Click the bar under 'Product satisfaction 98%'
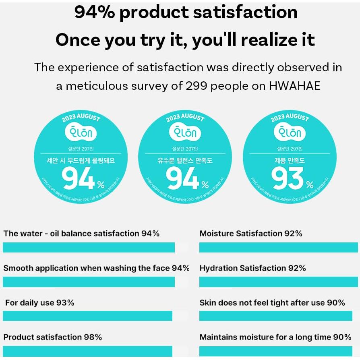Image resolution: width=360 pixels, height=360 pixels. coord(87,351)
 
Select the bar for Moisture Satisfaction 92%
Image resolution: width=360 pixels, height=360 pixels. coord(278,247)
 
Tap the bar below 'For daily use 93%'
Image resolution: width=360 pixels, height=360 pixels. coord(87,316)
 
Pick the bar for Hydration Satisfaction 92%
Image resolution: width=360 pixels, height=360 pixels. coord(278,282)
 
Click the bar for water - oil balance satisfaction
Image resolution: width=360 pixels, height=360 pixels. coord(89,247)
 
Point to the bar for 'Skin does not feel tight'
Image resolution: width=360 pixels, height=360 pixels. coord(275,316)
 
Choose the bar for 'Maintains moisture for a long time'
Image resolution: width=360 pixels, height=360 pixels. coord(275,351)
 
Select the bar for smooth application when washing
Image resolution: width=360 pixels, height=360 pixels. coord(89,282)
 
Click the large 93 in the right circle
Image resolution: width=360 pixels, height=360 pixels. coord(287,178)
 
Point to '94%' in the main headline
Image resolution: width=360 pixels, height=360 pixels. coord(95,12)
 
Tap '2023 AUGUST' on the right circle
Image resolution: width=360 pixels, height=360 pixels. coord(290,118)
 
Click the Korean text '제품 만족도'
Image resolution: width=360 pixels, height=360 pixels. coord(290,161)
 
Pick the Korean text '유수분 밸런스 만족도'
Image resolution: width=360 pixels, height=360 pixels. coord(185,161)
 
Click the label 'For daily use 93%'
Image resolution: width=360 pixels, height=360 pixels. coord(39,302)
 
